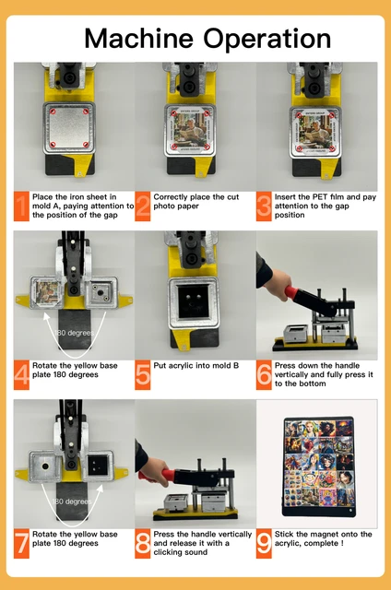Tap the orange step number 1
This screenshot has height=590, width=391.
pyautogui.click(x=21, y=206)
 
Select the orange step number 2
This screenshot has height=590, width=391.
pyautogui.click(x=143, y=206)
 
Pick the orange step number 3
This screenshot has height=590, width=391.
pyautogui.click(x=264, y=206)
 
